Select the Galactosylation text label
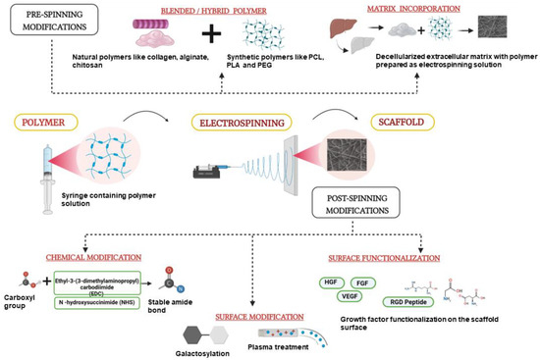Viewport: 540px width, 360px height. pyautogui.click(x=190, y=347)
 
